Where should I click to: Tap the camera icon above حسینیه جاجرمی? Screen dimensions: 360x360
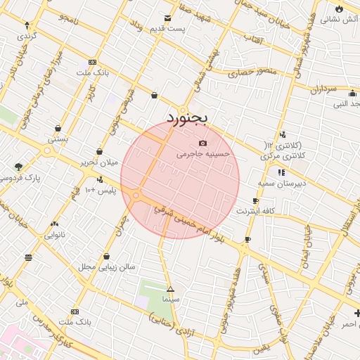(x=203, y=143)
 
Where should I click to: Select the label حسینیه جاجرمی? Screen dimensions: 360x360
(x=202, y=153)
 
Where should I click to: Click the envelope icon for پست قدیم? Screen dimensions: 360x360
(x=167, y=18)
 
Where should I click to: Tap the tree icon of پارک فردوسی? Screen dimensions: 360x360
(x=18, y=167)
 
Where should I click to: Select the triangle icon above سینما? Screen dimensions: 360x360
(x=169, y=289)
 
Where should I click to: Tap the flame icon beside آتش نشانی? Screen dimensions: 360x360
(x=340, y=9)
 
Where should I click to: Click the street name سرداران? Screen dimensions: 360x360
(x=323, y=90)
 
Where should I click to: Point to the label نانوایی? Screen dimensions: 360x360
(x=55, y=235)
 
